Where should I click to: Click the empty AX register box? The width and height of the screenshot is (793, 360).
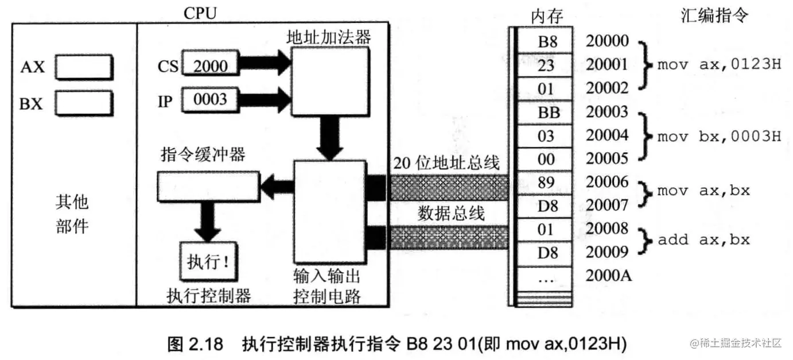84,68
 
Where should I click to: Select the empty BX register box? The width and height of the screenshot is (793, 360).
84,104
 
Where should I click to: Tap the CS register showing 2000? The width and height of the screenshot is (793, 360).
210,66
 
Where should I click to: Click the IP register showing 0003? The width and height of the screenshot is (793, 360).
210,100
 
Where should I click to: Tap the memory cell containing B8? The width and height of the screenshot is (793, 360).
546,41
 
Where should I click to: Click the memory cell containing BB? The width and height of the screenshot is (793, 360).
546,113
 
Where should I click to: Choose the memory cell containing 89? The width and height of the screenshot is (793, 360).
546,183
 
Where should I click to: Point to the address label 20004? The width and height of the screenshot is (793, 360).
607,136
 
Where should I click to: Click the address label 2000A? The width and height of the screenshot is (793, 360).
609,276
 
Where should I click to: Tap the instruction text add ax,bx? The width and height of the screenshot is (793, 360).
703,239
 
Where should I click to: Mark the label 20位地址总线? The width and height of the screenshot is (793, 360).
447,164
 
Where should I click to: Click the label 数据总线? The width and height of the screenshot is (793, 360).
451,213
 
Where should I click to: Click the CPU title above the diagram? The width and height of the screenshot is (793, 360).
200,13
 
